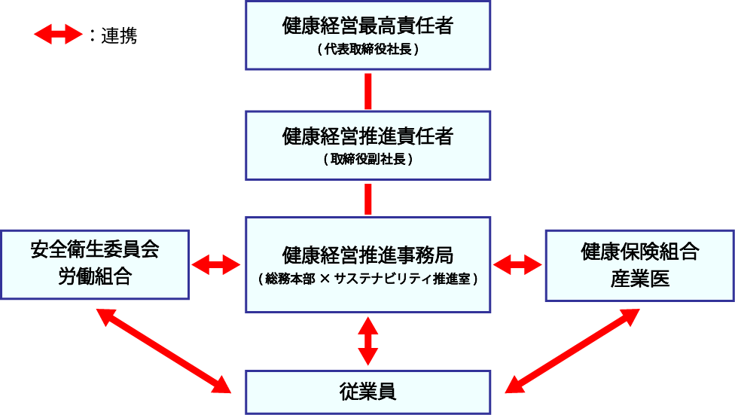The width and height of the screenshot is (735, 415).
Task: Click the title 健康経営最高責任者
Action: tap(367, 27)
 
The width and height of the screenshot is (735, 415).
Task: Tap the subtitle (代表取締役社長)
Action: tap(367, 51)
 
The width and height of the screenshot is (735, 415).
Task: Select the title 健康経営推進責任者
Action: tap(367, 136)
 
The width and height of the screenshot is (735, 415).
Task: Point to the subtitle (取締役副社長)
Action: tap(367, 160)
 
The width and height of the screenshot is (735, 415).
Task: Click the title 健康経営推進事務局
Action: tap(367, 255)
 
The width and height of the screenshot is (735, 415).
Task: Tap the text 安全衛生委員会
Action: tap(95, 250)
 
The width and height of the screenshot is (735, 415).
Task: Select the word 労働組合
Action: tap(95, 276)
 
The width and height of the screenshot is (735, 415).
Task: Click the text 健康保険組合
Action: tap(639, 252)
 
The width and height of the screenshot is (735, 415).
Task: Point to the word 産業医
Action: tap(639, 278)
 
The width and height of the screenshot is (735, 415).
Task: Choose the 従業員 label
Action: tap(367, 392)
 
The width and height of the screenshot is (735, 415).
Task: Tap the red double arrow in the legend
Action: tap(58, 35)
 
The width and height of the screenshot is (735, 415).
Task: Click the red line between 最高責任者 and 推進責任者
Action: tap(368, 91)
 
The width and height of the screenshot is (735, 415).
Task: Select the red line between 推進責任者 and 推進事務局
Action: tap(368, 199)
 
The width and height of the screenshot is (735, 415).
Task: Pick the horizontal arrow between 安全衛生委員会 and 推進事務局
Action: tap(217, 264)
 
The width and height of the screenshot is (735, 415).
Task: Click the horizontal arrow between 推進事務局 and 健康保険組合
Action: tap(517, 264)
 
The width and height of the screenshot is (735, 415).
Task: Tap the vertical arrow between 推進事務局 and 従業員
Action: tap(368, 341)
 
